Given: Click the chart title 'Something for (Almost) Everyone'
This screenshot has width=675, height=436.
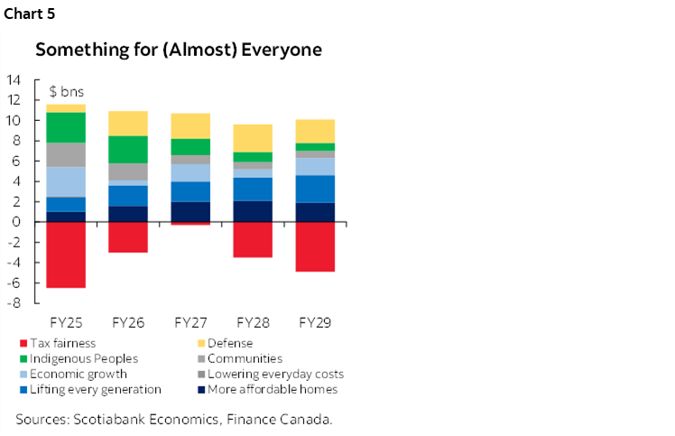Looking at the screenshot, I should (x=179, y=50).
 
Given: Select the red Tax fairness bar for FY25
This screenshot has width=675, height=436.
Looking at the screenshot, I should (x=66, y=255).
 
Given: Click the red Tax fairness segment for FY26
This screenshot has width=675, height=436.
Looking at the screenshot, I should (x=128, y=237).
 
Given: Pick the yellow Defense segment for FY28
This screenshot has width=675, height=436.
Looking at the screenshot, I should (x=254, y=138).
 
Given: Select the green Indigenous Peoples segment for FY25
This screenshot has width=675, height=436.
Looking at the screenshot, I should (x=66, y=127).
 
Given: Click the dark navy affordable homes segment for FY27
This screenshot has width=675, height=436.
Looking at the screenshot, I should (x=191, y=211).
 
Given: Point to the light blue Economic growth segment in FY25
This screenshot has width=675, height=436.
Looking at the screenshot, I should (x=66, y=181).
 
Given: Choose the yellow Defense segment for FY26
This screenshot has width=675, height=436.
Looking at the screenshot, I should (x=128, y=123).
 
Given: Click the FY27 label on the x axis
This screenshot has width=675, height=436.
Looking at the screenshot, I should (x=191, y=321).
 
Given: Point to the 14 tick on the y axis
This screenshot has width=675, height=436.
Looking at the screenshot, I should (x=14, y=79).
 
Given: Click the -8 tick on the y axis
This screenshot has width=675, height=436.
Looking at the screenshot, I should (x=14, y=303).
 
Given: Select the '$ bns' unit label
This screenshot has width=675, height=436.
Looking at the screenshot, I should (x=66, y=93).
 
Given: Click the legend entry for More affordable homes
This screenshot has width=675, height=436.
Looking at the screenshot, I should (x=272, y=389).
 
